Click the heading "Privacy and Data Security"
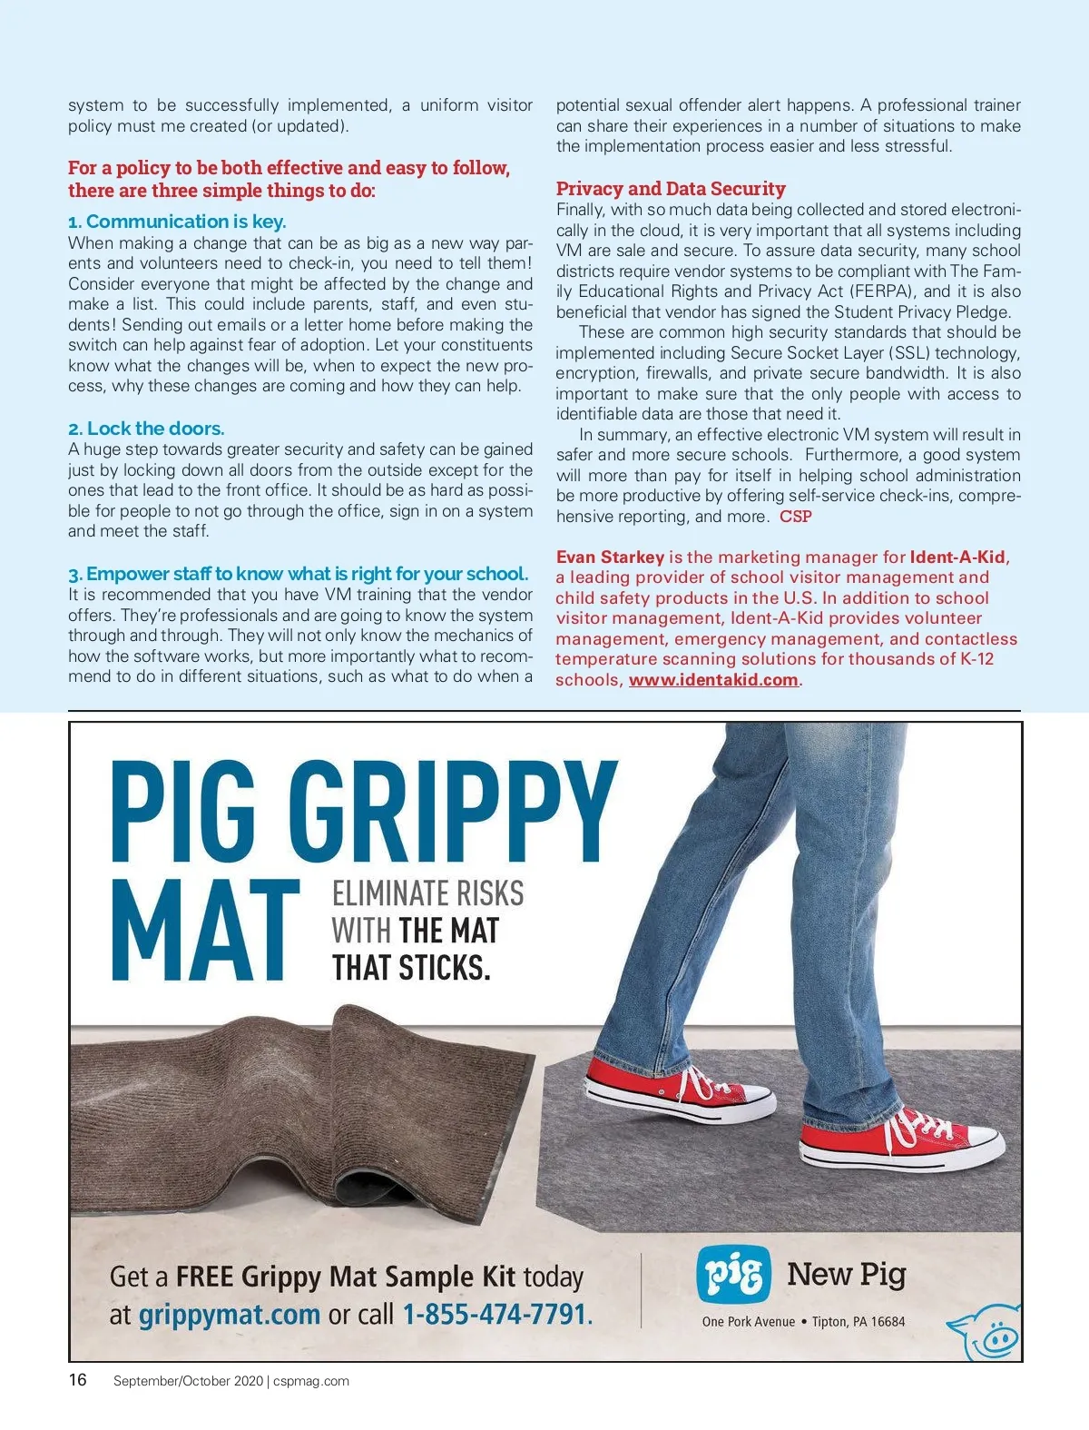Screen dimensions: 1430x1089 (x=671, y=189)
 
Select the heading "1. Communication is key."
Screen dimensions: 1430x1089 (x=177, y=222)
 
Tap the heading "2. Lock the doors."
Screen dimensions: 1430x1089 (x=146, y=429)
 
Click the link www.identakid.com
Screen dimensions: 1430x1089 (x=713, y=680)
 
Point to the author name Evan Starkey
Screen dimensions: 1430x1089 (x=610, y=557)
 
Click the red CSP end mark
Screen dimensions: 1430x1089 (x=796, y=517)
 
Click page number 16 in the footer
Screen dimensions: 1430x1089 (x=78, y=1380)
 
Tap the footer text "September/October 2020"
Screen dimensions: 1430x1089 (x=188, y=1381)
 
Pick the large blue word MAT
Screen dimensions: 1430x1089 (x=206, y=931)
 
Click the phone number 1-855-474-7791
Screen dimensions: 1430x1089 (x=495, y=1314)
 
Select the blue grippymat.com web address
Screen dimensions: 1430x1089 (x=229, y=1314)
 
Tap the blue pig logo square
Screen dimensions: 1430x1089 (x=733, y=1275)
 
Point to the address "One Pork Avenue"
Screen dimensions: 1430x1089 (x=748, y=1322)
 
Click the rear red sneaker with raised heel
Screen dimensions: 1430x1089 (x=678, y=1088)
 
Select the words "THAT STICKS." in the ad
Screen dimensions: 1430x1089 (x=410, y=968)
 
